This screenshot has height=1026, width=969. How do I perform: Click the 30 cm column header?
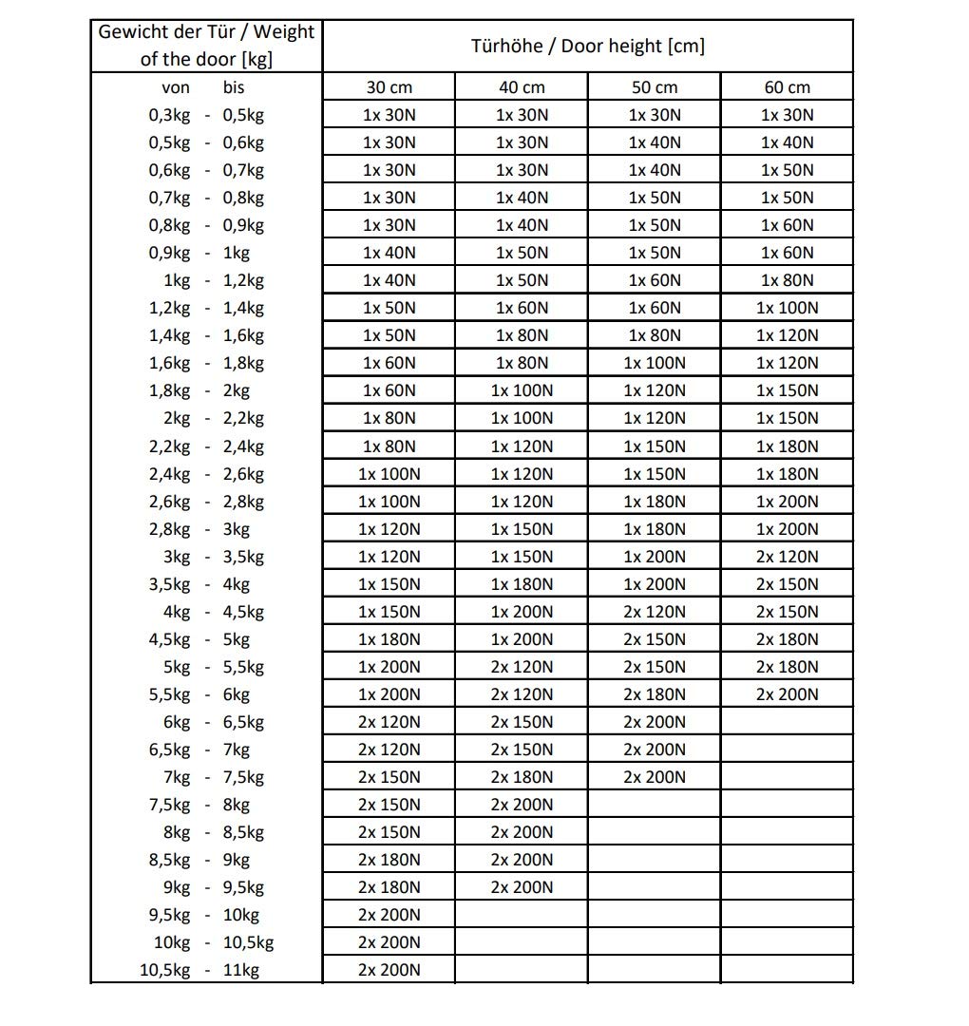(389, 87)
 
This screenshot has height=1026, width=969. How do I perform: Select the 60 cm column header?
(787, 87)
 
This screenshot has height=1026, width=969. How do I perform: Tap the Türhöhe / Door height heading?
(587, 46)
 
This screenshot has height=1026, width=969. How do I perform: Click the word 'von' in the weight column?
(176, 87)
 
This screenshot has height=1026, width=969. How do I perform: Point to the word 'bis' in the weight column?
(234, 87)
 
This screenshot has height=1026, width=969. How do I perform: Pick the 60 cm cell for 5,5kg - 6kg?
(787, 694)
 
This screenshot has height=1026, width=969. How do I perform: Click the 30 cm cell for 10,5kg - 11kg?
(389, 970)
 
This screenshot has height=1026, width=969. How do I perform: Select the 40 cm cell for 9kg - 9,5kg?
(522, 887)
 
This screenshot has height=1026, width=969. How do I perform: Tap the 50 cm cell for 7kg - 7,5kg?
(654, 777)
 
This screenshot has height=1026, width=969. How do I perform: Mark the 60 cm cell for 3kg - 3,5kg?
(787, 557)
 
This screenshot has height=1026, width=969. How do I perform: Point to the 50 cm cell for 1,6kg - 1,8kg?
(654, 363)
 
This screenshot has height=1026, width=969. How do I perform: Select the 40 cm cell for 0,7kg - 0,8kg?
(522, 198)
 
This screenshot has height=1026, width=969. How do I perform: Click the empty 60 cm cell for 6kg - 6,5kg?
(787, 722)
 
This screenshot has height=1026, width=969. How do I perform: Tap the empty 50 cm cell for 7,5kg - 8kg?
(654, 805)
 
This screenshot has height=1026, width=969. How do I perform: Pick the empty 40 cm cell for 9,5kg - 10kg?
(522, 915)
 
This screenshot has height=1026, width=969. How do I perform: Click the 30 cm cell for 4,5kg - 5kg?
(389, 639)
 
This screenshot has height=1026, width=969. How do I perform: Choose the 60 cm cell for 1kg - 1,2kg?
(787, 280)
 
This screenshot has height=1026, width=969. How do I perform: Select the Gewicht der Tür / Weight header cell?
(206, 46)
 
